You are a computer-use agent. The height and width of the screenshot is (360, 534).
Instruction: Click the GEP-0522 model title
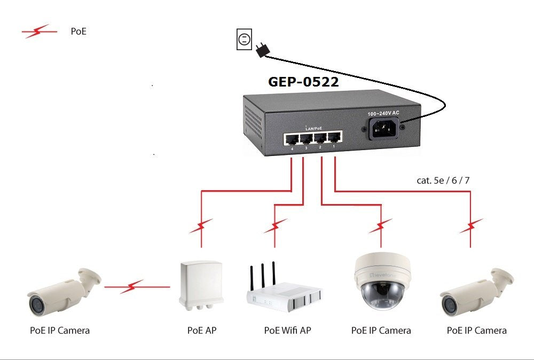[x=303, y=82]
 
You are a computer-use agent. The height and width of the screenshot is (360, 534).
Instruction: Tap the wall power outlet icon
[x=244, y=40]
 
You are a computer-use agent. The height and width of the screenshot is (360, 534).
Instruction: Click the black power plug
[x=262, y=50]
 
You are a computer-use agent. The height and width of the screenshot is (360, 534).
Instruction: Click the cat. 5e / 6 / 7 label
[x=443, y=180]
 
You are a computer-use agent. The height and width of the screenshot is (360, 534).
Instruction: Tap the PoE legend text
[x=78, y=32]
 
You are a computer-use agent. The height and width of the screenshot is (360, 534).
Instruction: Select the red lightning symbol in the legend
[x=40, y=32]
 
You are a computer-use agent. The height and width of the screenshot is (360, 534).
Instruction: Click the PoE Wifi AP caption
[x=287, y=331]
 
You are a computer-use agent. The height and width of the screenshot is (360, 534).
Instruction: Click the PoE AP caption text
[x=202, y=331]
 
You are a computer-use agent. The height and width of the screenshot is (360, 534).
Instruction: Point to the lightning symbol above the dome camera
[x=381, y=226]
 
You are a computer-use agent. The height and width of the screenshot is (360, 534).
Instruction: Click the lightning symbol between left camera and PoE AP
[x=131, y=287]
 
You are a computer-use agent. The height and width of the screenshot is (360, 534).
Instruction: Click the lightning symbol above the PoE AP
[x=201, y=226]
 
